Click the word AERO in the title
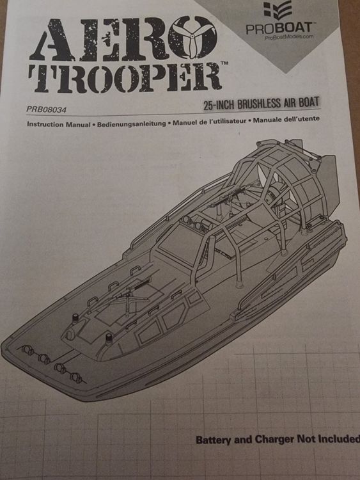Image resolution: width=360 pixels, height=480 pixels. pos(123,39)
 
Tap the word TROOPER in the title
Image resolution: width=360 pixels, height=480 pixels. pos(125,77)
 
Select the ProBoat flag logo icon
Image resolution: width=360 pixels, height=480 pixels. pos(278,11)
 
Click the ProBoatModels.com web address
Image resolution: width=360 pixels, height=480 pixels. pos(289,36)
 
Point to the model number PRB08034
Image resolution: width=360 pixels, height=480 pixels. pos(46,109)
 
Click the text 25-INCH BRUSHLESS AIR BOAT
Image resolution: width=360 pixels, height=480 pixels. pos(261,103)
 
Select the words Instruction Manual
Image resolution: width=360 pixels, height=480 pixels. pos(59,124)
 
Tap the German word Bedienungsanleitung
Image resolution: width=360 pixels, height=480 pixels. pos(132,124)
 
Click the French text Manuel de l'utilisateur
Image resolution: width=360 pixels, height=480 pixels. pos(210,122)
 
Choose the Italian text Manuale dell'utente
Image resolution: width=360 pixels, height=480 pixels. pos(286,119)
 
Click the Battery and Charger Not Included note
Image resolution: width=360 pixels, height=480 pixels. pos(278,440)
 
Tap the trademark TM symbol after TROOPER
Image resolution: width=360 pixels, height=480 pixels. pos(224,63)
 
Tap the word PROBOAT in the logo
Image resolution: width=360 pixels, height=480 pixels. pos(279,28)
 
